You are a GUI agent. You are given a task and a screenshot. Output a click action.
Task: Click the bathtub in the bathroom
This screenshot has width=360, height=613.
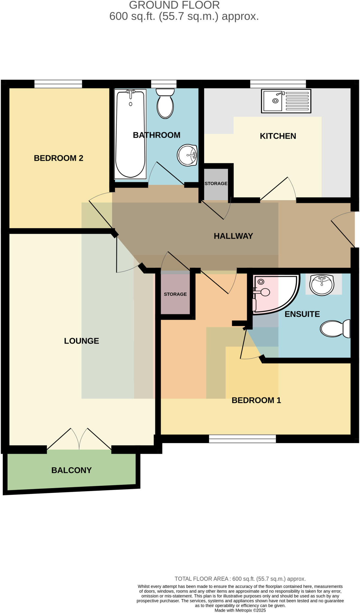coord(130,135)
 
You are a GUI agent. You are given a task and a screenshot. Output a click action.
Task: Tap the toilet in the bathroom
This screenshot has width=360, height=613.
coord(165,103)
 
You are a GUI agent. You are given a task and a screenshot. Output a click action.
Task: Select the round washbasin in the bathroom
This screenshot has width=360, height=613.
coord(187,155)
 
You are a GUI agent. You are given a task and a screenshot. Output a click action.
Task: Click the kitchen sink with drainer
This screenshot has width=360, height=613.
coord(286,101)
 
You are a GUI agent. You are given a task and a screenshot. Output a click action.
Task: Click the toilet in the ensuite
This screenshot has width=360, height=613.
coord(335,329)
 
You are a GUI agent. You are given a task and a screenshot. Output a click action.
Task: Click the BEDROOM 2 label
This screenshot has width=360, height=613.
coord(58,158)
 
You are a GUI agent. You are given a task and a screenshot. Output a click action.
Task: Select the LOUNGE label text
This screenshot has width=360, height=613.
coord(81,341)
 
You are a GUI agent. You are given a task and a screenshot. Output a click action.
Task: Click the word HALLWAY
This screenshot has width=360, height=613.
coord(233,236)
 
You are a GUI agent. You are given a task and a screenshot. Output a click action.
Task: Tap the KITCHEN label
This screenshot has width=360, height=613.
coord(278,136)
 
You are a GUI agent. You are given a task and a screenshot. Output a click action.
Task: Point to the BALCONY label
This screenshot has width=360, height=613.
coord(71,470)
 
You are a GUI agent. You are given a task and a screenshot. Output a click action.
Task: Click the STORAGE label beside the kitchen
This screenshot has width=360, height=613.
coord(216,183)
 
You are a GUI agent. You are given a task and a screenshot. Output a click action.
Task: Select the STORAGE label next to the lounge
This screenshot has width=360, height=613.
coord(175,294)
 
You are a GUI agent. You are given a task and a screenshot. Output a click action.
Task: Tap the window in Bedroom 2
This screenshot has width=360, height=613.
coord(58,84)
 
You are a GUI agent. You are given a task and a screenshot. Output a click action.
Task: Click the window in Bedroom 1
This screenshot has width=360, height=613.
coord(242,439)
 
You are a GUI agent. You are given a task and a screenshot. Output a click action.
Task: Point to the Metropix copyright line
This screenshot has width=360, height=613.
coord(240,610)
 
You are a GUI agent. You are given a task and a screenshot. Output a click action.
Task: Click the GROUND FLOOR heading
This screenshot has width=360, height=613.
coord(174,5)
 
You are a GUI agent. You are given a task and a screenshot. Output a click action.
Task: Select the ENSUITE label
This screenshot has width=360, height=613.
coord(302,314)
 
